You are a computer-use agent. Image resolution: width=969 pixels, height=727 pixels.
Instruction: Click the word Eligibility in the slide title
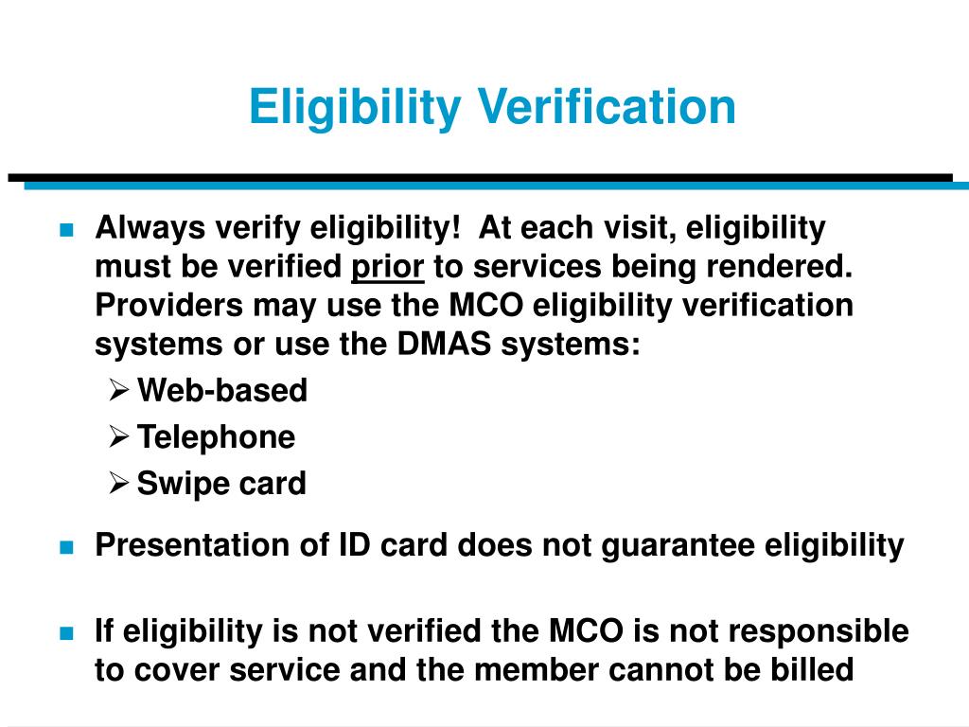point(352,107)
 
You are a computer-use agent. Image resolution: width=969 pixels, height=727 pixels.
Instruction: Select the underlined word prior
point(387,268)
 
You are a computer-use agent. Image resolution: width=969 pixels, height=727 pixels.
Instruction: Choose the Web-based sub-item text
point(222,390)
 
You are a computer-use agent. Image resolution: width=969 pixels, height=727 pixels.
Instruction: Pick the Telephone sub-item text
point(216,436)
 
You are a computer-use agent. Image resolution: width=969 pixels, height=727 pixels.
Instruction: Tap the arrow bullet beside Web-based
point(118,390)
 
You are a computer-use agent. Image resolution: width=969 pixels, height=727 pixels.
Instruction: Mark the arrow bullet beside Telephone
point(118,436)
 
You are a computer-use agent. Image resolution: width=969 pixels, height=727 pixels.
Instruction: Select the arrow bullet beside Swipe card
point(118,483)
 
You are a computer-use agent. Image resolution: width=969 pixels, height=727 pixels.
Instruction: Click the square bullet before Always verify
point(65,230)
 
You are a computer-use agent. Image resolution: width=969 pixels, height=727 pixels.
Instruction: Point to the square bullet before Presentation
point(65,547)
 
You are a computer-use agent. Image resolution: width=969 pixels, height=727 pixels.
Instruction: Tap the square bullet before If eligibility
point(65,632)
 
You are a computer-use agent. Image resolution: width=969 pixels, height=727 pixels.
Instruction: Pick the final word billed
point(813,669)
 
